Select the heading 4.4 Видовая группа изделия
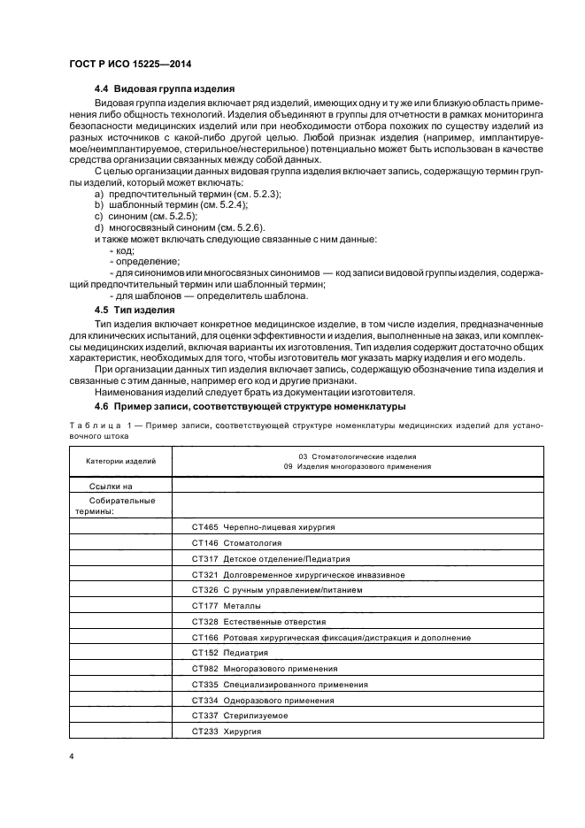click(164, 89)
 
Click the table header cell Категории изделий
click(121, 461)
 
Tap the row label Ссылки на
click(111, 486)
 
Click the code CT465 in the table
click(204, 526)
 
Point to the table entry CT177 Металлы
click(226, 606)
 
